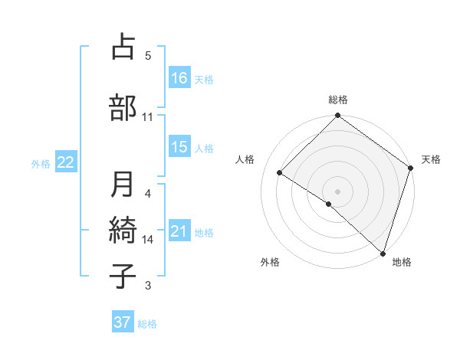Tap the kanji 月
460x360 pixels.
tap(123, 185)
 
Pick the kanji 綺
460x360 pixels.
tap(123, 229)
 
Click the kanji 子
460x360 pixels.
tap(123, 275)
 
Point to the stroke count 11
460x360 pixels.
tap(148, 117)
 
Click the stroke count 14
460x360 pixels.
tap(148, 240)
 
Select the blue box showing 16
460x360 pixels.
tap(179, 77)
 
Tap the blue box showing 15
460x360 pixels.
tap(179, 147)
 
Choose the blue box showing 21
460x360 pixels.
tap(179, 231)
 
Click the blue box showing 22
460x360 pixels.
tap(66, 162)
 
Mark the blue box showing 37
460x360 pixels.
tap(123, 322)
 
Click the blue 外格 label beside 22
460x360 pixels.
tap(41, 163)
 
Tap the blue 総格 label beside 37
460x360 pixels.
tap(147, 324)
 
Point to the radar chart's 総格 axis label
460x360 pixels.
tap(338, 100)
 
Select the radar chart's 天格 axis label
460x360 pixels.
tap(431, 159)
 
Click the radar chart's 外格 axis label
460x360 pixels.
tap(270, 262)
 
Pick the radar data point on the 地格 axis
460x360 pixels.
tap(383, 253)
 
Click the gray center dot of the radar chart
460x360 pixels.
tap(337, 191)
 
